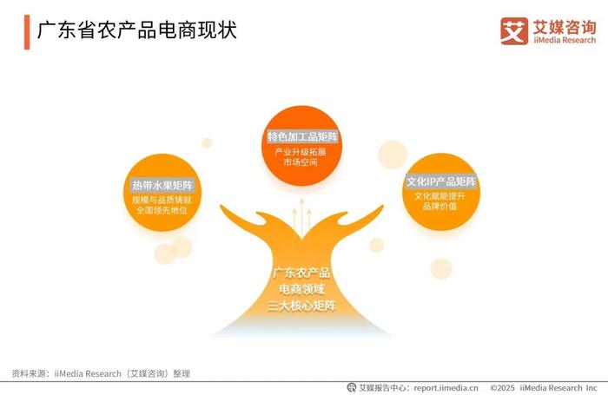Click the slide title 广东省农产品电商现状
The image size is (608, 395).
tap(136, 30)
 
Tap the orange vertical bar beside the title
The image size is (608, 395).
tap(27, 32)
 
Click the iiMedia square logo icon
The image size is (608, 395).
tap(514, 31)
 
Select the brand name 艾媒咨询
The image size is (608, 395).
tap(565, 27)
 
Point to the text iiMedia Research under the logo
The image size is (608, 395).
tap(565, 40)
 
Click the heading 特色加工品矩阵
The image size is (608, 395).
tap(302, 137)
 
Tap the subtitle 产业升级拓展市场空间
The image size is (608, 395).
tap(301, 157)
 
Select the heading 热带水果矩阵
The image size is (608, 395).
tap(162, 185)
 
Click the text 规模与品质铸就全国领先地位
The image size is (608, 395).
tap(162, 206)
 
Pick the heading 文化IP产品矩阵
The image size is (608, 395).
tap(441, 181)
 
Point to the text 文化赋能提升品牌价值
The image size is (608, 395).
tap(439, 201)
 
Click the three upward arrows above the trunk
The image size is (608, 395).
tap(301, 217)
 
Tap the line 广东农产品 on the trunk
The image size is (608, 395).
tap(301, 273)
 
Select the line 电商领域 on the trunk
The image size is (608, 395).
tap(301, 289)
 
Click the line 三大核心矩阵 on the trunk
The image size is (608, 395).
tap(301, 306)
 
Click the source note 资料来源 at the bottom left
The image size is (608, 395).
tap(101, 373)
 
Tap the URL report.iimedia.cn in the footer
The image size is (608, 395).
tap(446, 388)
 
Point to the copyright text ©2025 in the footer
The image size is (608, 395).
tap(503, 388)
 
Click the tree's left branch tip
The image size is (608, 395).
tap(221, 207)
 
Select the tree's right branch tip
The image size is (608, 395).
tap(382, 207)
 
